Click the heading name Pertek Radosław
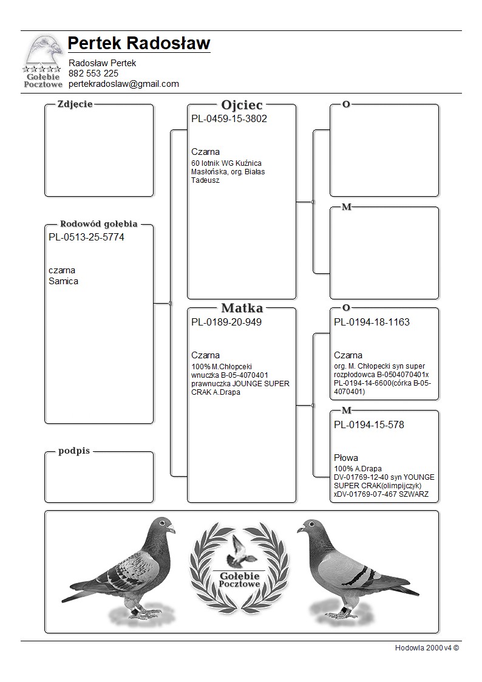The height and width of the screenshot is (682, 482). tap(139, 43)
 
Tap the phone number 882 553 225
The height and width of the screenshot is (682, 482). tap(93, 73)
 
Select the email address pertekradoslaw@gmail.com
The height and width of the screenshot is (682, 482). tap(124, 84)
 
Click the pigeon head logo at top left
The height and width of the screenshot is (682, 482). tap(42, 52)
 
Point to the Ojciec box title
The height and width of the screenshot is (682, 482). tap(242, 104)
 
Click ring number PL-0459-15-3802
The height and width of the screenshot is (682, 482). tap(229, 119)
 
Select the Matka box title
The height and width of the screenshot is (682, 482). tap(242, 308)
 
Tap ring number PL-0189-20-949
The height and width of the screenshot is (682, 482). tap(226, 322)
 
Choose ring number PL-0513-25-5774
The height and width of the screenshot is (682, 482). tap(86, 237)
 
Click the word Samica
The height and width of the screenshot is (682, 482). tap(63, 281)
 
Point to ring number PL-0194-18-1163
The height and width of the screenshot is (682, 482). tap(372, 322)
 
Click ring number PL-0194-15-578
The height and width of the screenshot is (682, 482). tap(369, 425)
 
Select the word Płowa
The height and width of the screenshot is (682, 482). tap(346, 458)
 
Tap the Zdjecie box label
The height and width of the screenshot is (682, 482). tap(75, 104)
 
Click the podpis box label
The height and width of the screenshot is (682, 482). tap(74, 451)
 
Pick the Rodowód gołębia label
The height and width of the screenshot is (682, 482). tap(98, 223)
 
